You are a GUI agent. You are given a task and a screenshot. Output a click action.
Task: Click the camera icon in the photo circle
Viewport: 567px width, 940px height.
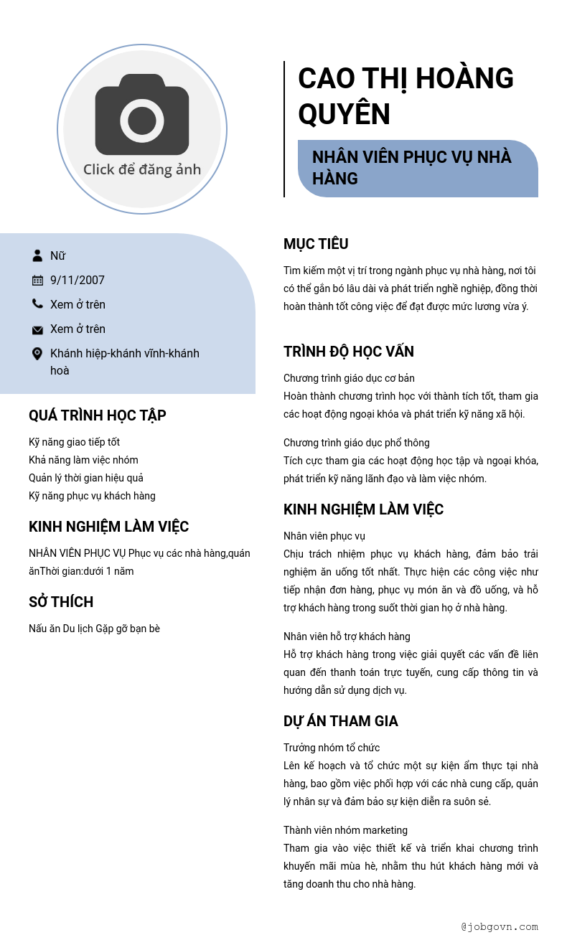pos(142,115)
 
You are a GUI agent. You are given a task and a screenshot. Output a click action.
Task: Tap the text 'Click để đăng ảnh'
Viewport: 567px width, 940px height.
pos(142,170)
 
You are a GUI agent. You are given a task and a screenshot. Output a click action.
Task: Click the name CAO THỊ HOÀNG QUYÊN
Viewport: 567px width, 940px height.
pos(406,96)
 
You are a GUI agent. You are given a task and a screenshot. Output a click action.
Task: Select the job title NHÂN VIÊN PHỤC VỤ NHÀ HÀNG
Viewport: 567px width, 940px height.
pos(412,167)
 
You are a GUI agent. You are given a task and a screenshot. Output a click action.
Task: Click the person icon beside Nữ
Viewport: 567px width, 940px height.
pos(37,255)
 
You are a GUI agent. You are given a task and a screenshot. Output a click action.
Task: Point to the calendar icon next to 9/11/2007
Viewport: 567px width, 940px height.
pos(37,280)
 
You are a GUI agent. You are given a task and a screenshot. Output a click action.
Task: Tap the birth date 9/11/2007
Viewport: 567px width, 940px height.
pos(78,280)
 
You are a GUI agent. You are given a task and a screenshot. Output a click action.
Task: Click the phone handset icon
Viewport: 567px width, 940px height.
pos(37,304)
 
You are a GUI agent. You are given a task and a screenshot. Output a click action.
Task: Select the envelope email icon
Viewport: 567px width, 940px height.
pos(37,329)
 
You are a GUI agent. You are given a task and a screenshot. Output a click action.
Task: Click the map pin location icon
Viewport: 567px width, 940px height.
pos(37,354)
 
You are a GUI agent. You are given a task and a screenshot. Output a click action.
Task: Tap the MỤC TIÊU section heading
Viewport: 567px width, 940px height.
pos(316,244)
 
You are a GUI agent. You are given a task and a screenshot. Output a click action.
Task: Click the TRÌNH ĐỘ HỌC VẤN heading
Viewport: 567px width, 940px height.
pos(349,352)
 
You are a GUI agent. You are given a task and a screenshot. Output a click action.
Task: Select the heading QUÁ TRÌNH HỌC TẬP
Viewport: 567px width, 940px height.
pos(98,415)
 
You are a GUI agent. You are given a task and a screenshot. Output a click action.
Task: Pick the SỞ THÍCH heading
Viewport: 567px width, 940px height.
pos(61,602)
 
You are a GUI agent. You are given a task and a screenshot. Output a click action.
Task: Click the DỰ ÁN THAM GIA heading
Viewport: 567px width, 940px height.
pos(341,721)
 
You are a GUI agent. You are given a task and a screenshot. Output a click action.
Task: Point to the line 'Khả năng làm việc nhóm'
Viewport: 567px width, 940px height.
pos(83,460)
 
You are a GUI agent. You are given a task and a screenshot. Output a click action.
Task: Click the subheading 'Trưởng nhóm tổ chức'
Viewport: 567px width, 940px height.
pos(332,748)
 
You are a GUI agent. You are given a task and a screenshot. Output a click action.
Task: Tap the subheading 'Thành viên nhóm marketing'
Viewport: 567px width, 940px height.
pos(345,830)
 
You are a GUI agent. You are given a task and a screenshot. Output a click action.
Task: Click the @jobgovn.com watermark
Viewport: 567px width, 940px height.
pos(500,926)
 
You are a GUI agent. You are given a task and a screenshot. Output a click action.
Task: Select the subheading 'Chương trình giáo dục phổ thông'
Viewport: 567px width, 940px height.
pos(357,443)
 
